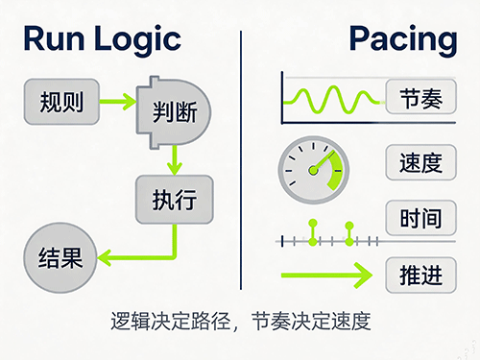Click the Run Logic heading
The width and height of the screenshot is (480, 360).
[103, 40]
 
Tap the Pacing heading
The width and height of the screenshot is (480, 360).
[403, 40]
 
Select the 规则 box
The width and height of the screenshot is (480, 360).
[61, 102]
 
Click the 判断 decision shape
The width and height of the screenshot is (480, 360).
[174, 112]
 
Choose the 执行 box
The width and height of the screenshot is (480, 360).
[175, 200]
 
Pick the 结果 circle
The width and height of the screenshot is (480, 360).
[60, 258]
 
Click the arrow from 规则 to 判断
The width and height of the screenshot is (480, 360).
[118, 102]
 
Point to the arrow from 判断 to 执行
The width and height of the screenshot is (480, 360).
[175, 160]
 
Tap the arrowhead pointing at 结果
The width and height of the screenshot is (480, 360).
[105, 257]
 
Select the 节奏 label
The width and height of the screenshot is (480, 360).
[421, 97]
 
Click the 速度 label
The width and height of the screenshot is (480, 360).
[421, 162]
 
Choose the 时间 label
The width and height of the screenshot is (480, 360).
[421, 218]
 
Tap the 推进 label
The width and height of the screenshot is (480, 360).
[421, 275]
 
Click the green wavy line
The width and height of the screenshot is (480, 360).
[333, 99]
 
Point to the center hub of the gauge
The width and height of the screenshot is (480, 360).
[313, 170]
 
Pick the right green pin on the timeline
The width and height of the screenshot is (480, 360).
[349, 234]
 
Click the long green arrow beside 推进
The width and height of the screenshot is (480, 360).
[326, 276]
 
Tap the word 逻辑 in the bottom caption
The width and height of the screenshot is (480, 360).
[131, 321]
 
